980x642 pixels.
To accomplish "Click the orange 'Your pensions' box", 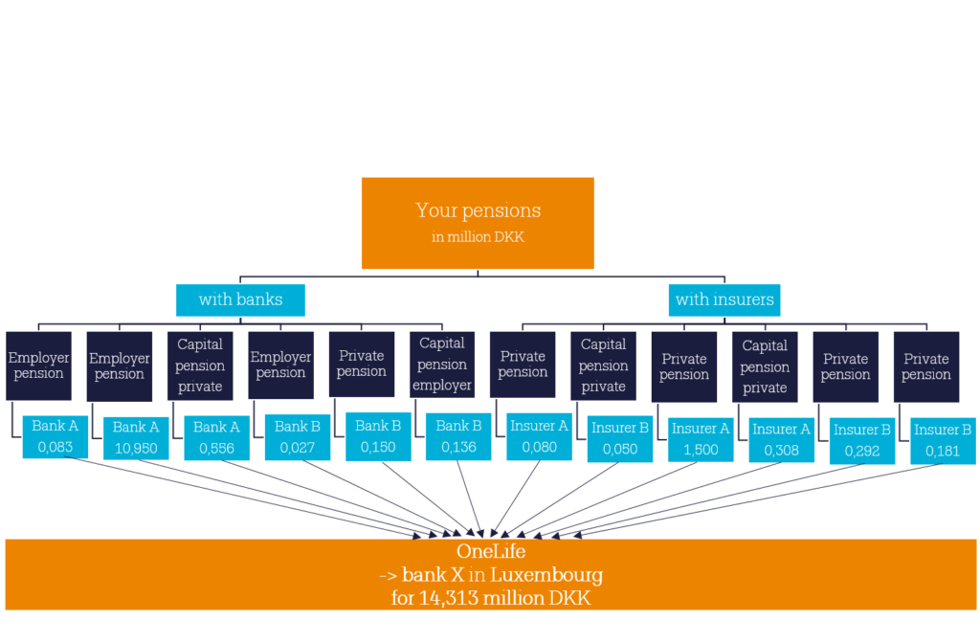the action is pos(478,223).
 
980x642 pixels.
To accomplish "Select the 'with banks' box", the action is pos(240,300).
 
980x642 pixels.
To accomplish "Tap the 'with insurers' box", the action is pos(724,300).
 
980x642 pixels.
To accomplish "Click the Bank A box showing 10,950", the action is pos(136,438).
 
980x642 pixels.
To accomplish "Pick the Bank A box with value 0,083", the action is pos(55,437).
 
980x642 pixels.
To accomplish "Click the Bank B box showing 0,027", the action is pos(298,437).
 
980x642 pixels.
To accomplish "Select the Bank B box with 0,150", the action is pos(378,437).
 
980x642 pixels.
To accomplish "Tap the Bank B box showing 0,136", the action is pos(458,437).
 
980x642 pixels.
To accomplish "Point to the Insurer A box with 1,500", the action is pos(701,440).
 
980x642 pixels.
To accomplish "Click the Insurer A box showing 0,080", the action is pos(540,437).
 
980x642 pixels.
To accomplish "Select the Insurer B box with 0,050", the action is pos(620,439).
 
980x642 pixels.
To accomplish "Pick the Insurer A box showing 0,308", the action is pos(781,440).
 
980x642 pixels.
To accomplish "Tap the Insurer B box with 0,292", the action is pos(862,441).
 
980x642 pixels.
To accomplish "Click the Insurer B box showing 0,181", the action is pos(943,441).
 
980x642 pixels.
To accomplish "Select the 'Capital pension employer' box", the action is pos(442,365).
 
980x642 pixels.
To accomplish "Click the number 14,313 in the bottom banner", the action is pos(449,598).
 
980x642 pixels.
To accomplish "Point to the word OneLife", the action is pos(491,551).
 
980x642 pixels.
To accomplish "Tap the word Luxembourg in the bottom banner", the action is pos(546,575).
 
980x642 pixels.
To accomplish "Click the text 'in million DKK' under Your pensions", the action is pos(478,237).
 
